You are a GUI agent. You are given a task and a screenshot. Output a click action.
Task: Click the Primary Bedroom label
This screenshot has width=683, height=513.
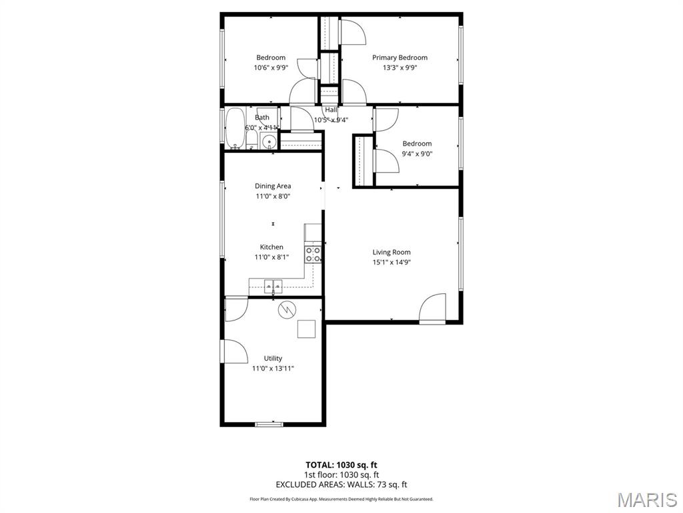pos(400,57)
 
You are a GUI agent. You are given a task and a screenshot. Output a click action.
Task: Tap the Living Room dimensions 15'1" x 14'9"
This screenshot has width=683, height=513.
pos(392,262)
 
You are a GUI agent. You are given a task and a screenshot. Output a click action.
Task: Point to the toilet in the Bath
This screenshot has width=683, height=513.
pos(251,140)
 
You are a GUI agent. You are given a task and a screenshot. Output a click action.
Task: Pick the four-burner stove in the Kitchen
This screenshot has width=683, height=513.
pos(313,254)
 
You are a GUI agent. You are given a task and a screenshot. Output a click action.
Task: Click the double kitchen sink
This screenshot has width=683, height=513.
pos(273,286)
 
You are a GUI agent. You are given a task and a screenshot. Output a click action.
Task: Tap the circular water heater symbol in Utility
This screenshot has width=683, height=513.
pos(287,309)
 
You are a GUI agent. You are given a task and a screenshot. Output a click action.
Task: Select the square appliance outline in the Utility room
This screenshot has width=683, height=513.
pos(306,329)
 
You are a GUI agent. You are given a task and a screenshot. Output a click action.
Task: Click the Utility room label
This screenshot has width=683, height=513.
pos(273,359)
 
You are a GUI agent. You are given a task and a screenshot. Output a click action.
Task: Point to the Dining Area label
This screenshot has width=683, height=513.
pos(273,186)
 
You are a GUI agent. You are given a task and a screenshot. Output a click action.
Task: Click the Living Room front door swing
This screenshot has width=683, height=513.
pos(432,309)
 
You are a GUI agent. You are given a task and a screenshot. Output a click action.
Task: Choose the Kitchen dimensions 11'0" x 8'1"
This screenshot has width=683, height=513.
pos(271,257)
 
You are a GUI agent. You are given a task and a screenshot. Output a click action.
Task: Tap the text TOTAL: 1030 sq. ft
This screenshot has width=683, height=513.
pos(341,465)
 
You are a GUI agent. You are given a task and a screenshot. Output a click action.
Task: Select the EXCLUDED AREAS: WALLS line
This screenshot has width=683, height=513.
pos(341,485)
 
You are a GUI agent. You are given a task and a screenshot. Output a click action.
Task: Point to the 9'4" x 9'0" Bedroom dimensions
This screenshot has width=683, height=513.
pos(417,154)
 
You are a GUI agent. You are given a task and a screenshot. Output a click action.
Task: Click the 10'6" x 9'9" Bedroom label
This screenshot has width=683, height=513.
pos(271,57)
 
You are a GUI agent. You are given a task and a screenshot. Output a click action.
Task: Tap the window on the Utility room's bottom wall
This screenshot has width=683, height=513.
pos(269,423)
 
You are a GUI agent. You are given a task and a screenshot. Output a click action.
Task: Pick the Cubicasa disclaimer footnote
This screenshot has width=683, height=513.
pos(341,499)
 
